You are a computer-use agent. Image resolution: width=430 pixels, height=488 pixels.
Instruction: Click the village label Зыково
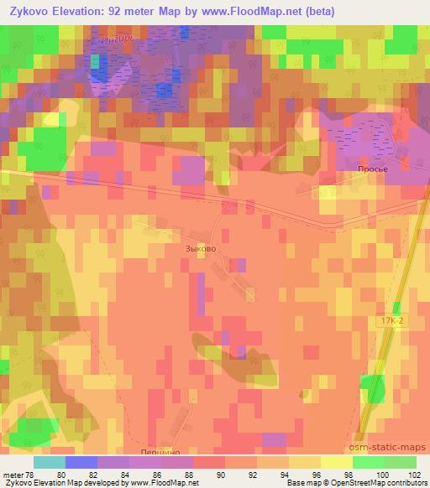point(201,248)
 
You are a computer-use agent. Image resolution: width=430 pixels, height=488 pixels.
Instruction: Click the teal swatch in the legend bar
point(49,462)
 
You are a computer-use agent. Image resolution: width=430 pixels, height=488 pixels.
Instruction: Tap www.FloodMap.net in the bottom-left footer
point(163,483)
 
